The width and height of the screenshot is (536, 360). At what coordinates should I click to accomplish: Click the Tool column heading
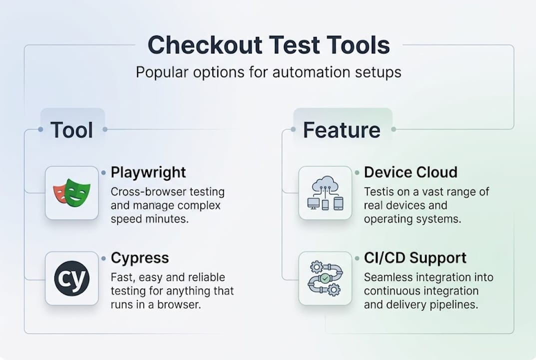pyautogui.click(x=72, y=130)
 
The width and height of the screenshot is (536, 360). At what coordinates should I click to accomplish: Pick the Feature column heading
pyautogui.click(x=342, y=130)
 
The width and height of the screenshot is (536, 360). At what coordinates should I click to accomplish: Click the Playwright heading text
pyautogui.click(x=148, y=172)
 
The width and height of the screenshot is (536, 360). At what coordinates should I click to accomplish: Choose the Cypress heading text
pyautogui.click(x=140, y=258)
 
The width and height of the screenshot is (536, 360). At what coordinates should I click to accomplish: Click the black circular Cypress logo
pyautogui.click(x=71, y=278)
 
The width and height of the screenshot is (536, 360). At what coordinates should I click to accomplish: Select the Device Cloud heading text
pyautogui.click(x=411, y=172)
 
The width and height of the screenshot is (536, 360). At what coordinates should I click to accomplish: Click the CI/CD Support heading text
pyautogui.click(x=416, y=258)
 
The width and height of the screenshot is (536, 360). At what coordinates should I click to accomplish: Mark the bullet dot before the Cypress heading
pyautogui.click(x=103, y=258)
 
